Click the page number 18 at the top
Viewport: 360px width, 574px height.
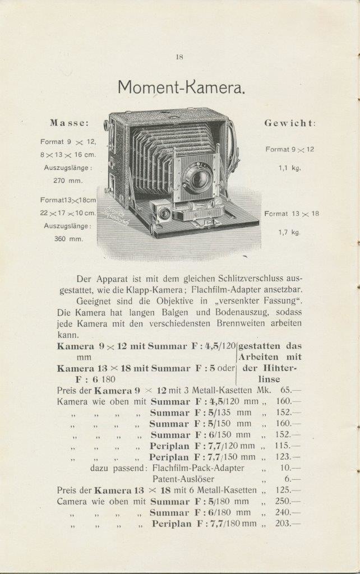[179, 56]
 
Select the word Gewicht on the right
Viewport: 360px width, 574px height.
[290, 123]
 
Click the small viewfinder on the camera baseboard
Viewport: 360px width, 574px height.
[164, 212]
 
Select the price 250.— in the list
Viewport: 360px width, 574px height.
[288, 501]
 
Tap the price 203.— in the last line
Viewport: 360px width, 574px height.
[288, 524]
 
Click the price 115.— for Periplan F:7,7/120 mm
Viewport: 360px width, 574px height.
[288, 446]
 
